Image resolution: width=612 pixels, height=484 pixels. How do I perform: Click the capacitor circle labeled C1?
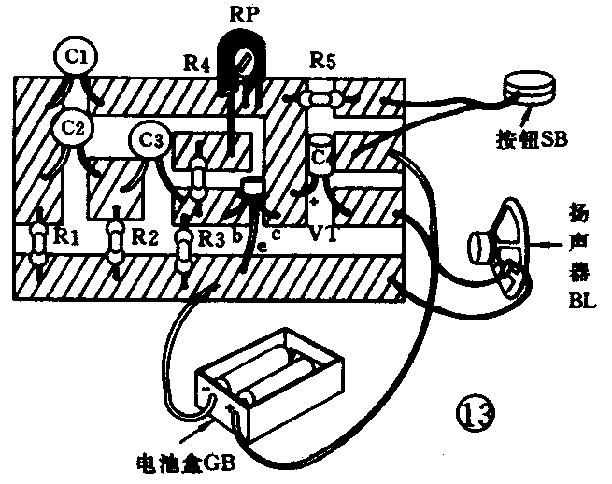(x=77, y=58)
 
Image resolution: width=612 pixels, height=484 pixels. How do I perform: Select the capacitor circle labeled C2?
(x=74, y=128)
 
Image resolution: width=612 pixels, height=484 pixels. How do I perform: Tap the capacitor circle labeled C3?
(x=151, y=140)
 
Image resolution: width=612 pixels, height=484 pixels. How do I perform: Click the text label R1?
(x=65, y=236)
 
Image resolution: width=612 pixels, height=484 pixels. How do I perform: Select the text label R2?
(x=142, y=236)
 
